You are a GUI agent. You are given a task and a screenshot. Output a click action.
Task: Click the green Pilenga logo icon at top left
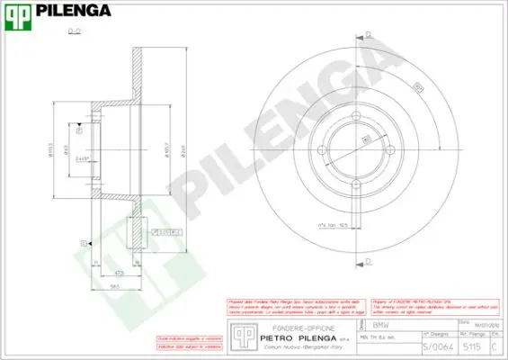(17, 12)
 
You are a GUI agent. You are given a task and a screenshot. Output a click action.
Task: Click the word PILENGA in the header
(71, 12)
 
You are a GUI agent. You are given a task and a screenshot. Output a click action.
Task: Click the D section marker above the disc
(368, 33)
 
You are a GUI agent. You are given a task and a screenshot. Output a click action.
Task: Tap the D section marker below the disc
(368, 261)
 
